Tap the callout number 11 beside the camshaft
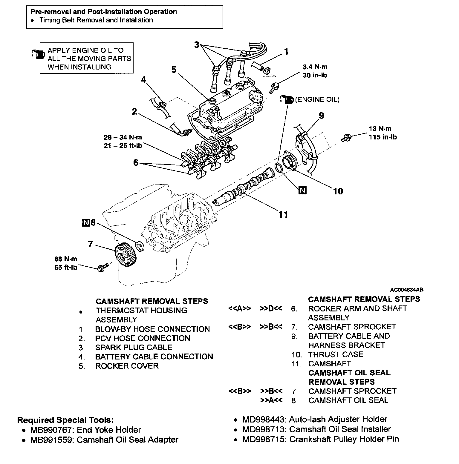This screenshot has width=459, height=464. click(x=283, y=214)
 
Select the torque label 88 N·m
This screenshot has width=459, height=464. click(x=65, y=259)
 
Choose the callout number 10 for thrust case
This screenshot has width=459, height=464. click(x=338, y=191)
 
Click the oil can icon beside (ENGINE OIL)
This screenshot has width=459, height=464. click(x=286, y=100)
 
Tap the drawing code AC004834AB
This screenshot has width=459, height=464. click(x=407, y=290)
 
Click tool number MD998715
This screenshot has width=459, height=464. click(x=264, y=439)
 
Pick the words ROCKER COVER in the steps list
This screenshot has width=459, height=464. click(x=127, y=366)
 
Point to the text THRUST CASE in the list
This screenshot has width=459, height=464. click(x=336, y=354)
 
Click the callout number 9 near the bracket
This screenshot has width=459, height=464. click(x=321, y=116)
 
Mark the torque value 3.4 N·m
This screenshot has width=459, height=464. click(x=315, y=67)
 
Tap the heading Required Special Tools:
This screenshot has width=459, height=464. click(x=65, y=420)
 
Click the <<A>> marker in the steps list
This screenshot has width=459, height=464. click(x=239, y=308)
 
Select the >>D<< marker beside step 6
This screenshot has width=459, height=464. click(x=271, y=308)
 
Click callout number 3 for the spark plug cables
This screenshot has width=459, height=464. click(x=196, y=45)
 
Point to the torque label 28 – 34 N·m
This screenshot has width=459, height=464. click(x=123, y=137)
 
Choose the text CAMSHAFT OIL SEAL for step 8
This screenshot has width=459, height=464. click(x=348, y=400)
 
